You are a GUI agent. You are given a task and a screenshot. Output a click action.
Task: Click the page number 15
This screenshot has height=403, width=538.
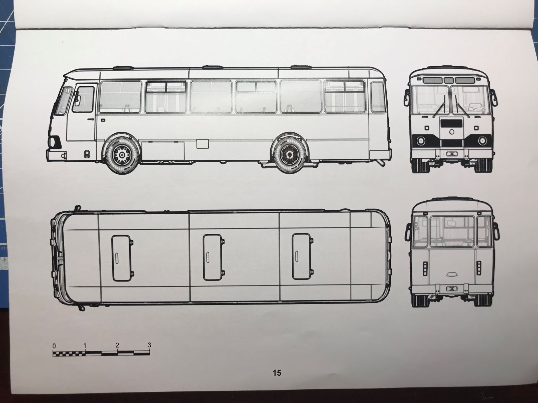[x=277, y=373]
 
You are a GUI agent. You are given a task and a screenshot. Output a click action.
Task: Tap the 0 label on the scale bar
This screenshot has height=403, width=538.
[x=54, y=346]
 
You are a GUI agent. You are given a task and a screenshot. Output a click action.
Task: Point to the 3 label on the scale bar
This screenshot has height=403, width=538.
[x=149, y=345]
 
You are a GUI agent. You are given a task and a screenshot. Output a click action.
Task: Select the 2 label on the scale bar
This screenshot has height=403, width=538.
[x=117, y=345]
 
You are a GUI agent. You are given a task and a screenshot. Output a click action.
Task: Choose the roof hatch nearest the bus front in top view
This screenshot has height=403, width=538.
[x=121, y=258]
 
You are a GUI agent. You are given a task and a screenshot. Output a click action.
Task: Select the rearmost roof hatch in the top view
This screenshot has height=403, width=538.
[x=301, y=256]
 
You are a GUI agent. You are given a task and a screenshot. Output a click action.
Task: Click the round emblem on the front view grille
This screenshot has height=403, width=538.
[x=451, y=132]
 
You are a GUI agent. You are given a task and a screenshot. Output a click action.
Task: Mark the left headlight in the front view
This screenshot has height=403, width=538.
[x=421, y=141]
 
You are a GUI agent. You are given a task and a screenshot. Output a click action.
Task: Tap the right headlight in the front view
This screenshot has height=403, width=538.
[x=482, y=141]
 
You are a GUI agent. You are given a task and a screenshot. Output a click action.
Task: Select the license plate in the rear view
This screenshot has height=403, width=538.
[x=451, y=288]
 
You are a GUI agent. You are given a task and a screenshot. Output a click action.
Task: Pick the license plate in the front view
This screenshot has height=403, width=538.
[x=451, y=153]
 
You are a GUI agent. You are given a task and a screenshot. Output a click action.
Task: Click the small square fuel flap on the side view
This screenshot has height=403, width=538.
[x=203, y=144]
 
